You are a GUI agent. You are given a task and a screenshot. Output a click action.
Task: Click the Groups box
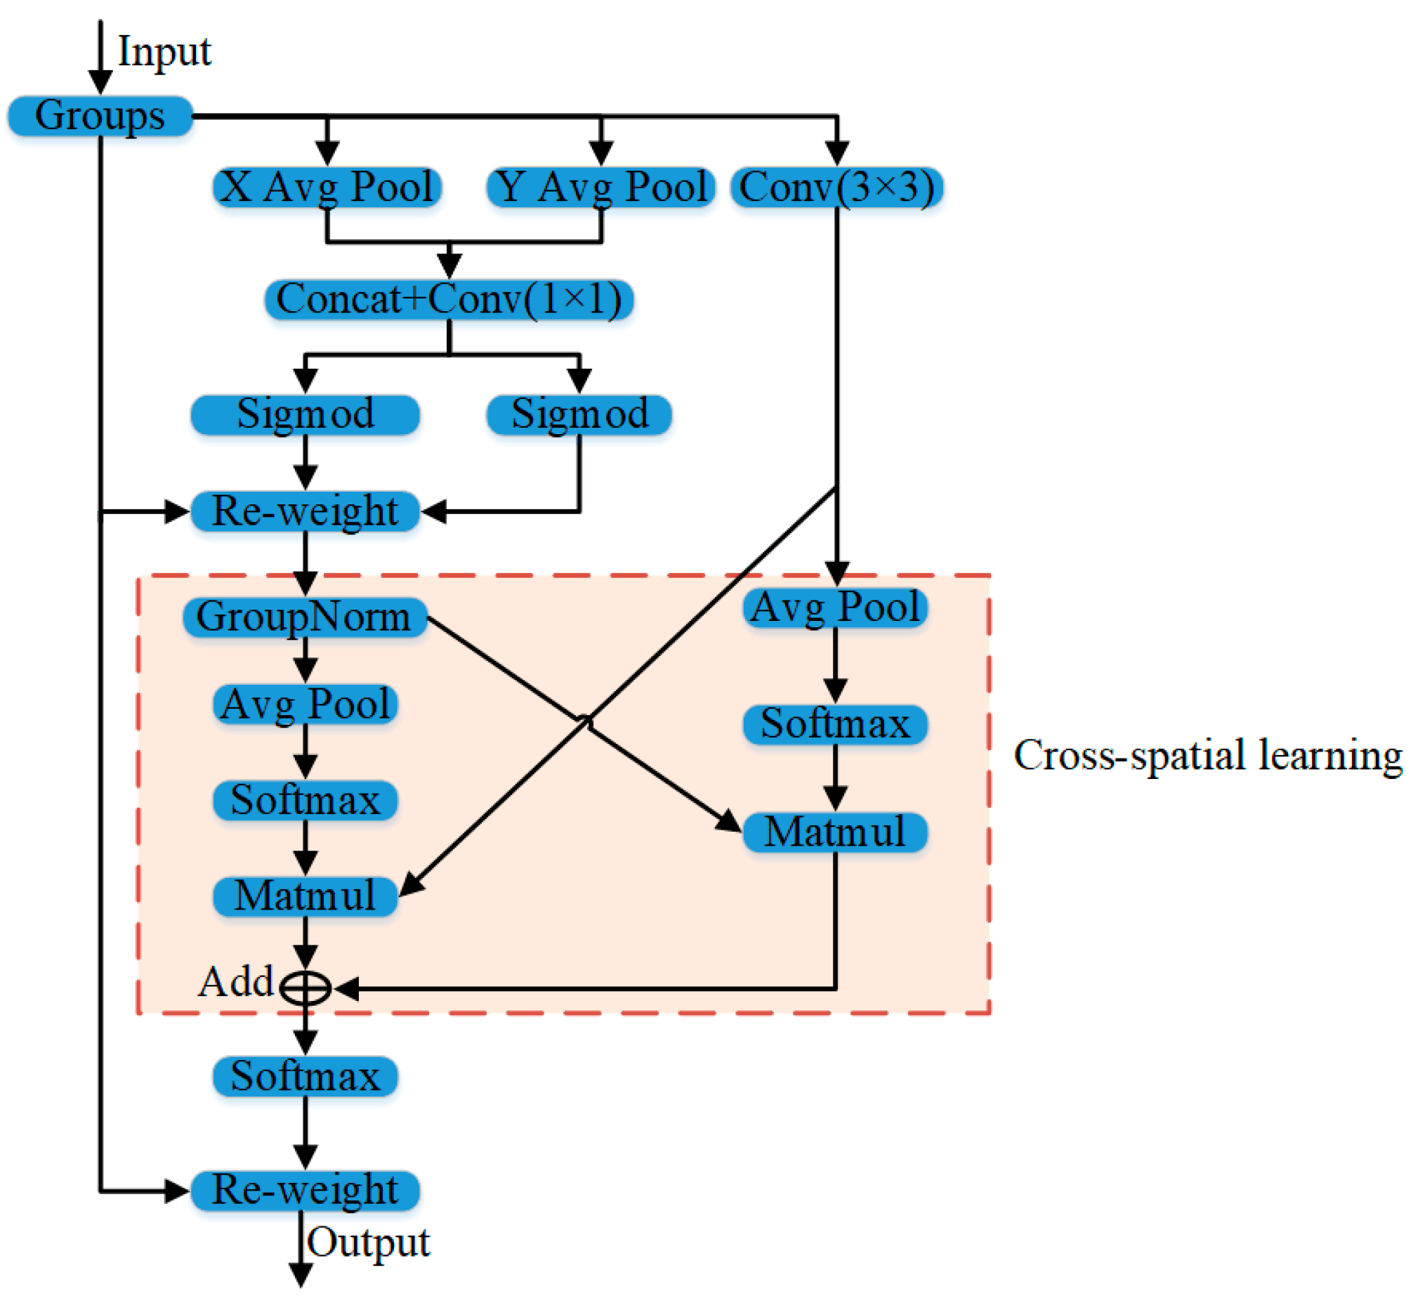click(100, 115)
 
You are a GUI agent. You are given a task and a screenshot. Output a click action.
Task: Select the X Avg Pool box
click(327, 188)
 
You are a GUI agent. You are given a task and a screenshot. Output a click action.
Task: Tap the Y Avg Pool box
click(600, 188)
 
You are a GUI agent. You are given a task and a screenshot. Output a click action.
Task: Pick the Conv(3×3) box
click(836, 188)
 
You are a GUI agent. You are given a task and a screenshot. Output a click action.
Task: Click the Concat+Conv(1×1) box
click(449, 299)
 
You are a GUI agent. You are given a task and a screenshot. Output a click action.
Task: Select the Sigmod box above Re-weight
click(305, 414)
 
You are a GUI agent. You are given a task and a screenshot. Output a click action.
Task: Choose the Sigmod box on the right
click(579, 414)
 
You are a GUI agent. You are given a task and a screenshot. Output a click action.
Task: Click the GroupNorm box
click(305, 617)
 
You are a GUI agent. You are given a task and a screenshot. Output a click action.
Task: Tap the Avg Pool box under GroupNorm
click(305, 704)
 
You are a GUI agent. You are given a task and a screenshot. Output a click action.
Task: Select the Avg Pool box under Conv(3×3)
click(835, 608)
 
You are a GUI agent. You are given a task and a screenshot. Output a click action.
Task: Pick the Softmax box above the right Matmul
click(835, 723)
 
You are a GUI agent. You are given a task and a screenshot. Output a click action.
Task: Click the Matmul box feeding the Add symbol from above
click(305, 896)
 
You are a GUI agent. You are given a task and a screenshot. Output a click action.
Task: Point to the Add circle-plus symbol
click(305, 988)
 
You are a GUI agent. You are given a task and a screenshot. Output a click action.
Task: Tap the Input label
click(164, 52)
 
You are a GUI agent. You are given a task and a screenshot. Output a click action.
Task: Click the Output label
click(369, 1243)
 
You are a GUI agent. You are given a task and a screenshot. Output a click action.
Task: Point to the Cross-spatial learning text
click(1207, 756)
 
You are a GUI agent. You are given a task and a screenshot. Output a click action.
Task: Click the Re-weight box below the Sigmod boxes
click(305, 511)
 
